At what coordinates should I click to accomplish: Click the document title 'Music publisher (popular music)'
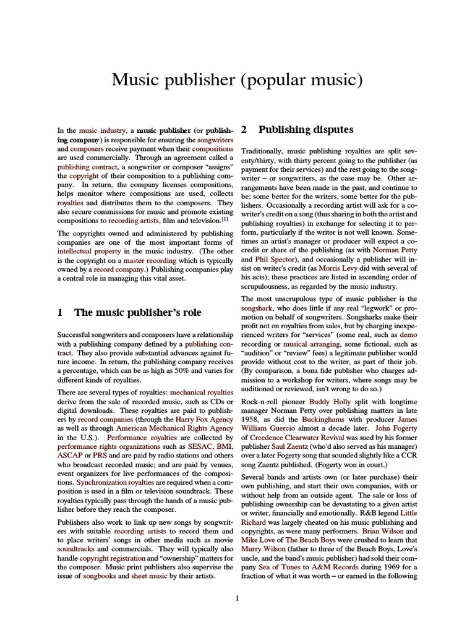(237, 79)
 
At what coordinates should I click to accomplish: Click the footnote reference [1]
(225, 219)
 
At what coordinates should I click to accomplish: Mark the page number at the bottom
(237, 598)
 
